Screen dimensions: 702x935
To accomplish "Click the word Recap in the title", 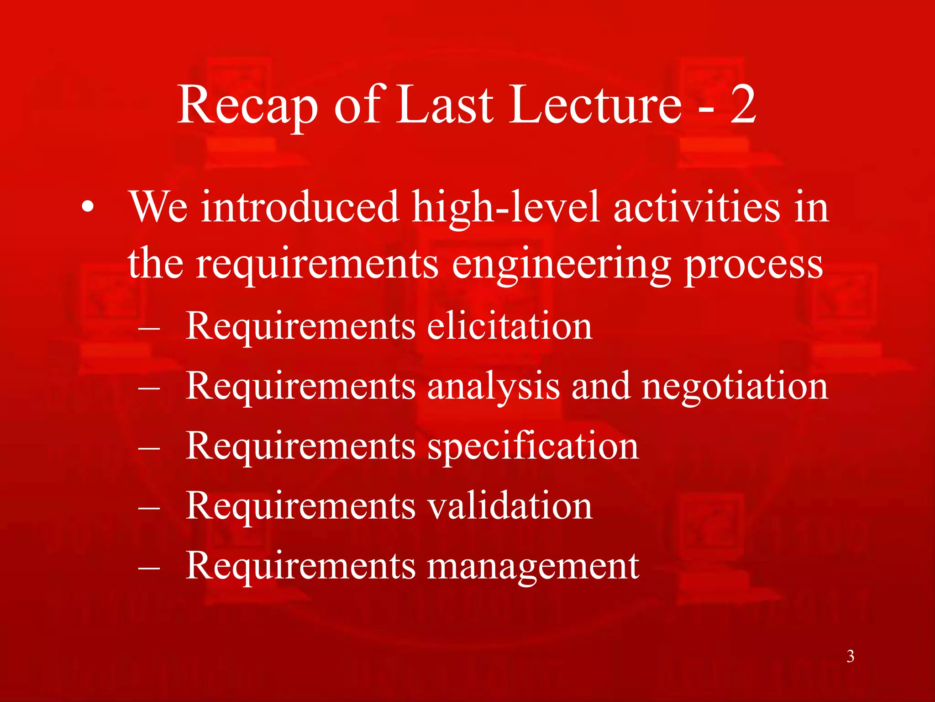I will (247, 106).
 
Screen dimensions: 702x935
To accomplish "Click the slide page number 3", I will (850, 656).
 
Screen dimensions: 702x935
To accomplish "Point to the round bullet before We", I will (88, 208).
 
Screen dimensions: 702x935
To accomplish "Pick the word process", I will (753, 265).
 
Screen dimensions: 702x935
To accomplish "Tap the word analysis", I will (493, 386).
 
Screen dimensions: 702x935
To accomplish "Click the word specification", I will (533, 446).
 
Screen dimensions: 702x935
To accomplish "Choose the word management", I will (533, 566).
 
